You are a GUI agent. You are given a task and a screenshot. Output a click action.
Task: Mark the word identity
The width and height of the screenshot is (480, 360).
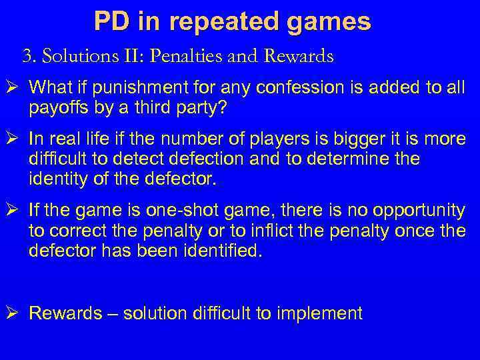tap(55, 179)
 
